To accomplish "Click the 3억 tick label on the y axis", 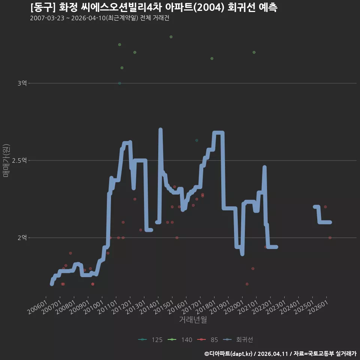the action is (22, 83).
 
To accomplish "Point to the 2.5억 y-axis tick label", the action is (19, 160).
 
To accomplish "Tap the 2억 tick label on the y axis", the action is (22, 237).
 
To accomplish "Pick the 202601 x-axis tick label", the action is (318, 307).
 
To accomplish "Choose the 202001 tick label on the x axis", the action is (234, 307).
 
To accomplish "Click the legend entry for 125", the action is (150, 340).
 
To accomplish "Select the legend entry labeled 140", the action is (180, 340).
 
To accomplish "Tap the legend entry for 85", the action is (207, 340).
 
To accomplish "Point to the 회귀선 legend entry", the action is (238, 340).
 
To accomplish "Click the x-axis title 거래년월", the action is (193, 319).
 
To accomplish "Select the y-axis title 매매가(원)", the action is (6, 160).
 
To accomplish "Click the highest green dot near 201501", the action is (171, 37).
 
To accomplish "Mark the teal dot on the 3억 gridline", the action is (120, 83).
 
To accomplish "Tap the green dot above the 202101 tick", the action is (254, 52).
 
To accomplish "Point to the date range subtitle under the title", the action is (100, 18).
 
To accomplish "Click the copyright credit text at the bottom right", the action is (280, 354).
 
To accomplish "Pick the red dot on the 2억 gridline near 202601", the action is (330, 238).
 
